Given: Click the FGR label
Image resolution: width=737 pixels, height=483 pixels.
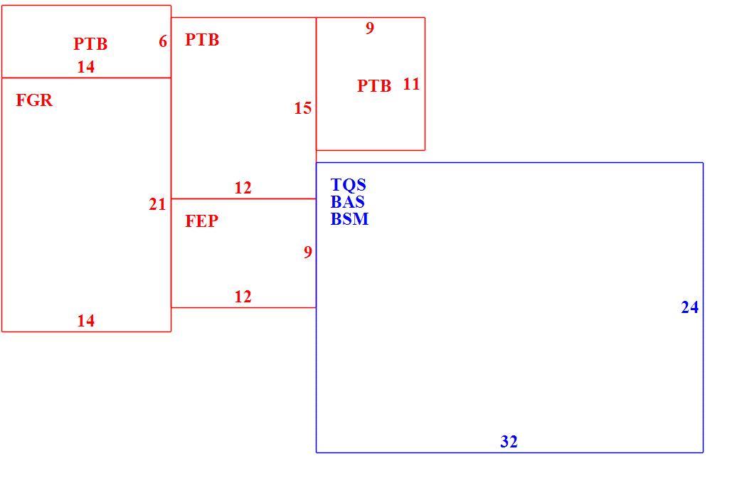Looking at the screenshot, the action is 34,100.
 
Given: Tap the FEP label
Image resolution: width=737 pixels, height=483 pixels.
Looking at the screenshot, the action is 201,221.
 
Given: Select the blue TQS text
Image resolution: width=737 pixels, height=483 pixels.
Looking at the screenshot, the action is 349,185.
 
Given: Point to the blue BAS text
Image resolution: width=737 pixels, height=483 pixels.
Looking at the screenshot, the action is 347,201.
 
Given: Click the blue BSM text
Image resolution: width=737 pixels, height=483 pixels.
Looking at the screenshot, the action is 350,219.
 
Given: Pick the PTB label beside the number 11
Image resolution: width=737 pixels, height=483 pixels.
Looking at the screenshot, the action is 374,86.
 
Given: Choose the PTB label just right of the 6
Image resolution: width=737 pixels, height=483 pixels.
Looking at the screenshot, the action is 202,40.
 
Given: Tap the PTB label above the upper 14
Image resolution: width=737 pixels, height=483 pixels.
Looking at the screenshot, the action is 90,43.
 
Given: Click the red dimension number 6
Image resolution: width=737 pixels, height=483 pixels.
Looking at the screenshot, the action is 163,41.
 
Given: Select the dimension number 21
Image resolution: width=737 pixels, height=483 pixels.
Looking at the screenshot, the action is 157,204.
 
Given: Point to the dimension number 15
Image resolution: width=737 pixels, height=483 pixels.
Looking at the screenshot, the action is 303,108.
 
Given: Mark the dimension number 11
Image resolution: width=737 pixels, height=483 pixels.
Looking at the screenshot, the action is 411,84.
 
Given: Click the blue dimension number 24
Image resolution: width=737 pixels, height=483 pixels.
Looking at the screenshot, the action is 689,307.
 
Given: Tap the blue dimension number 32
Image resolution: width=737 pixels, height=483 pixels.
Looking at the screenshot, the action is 509,442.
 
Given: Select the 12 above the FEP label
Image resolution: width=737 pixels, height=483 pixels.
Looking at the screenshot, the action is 243,188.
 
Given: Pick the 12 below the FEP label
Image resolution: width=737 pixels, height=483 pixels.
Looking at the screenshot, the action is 243,297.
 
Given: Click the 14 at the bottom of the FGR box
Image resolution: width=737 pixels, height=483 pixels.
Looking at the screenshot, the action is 85,321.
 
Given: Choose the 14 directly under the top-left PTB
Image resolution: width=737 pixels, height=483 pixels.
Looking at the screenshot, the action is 85,67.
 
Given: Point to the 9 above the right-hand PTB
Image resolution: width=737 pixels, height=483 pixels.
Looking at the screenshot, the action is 370,28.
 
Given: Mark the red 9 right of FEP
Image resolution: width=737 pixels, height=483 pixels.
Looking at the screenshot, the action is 307,253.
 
